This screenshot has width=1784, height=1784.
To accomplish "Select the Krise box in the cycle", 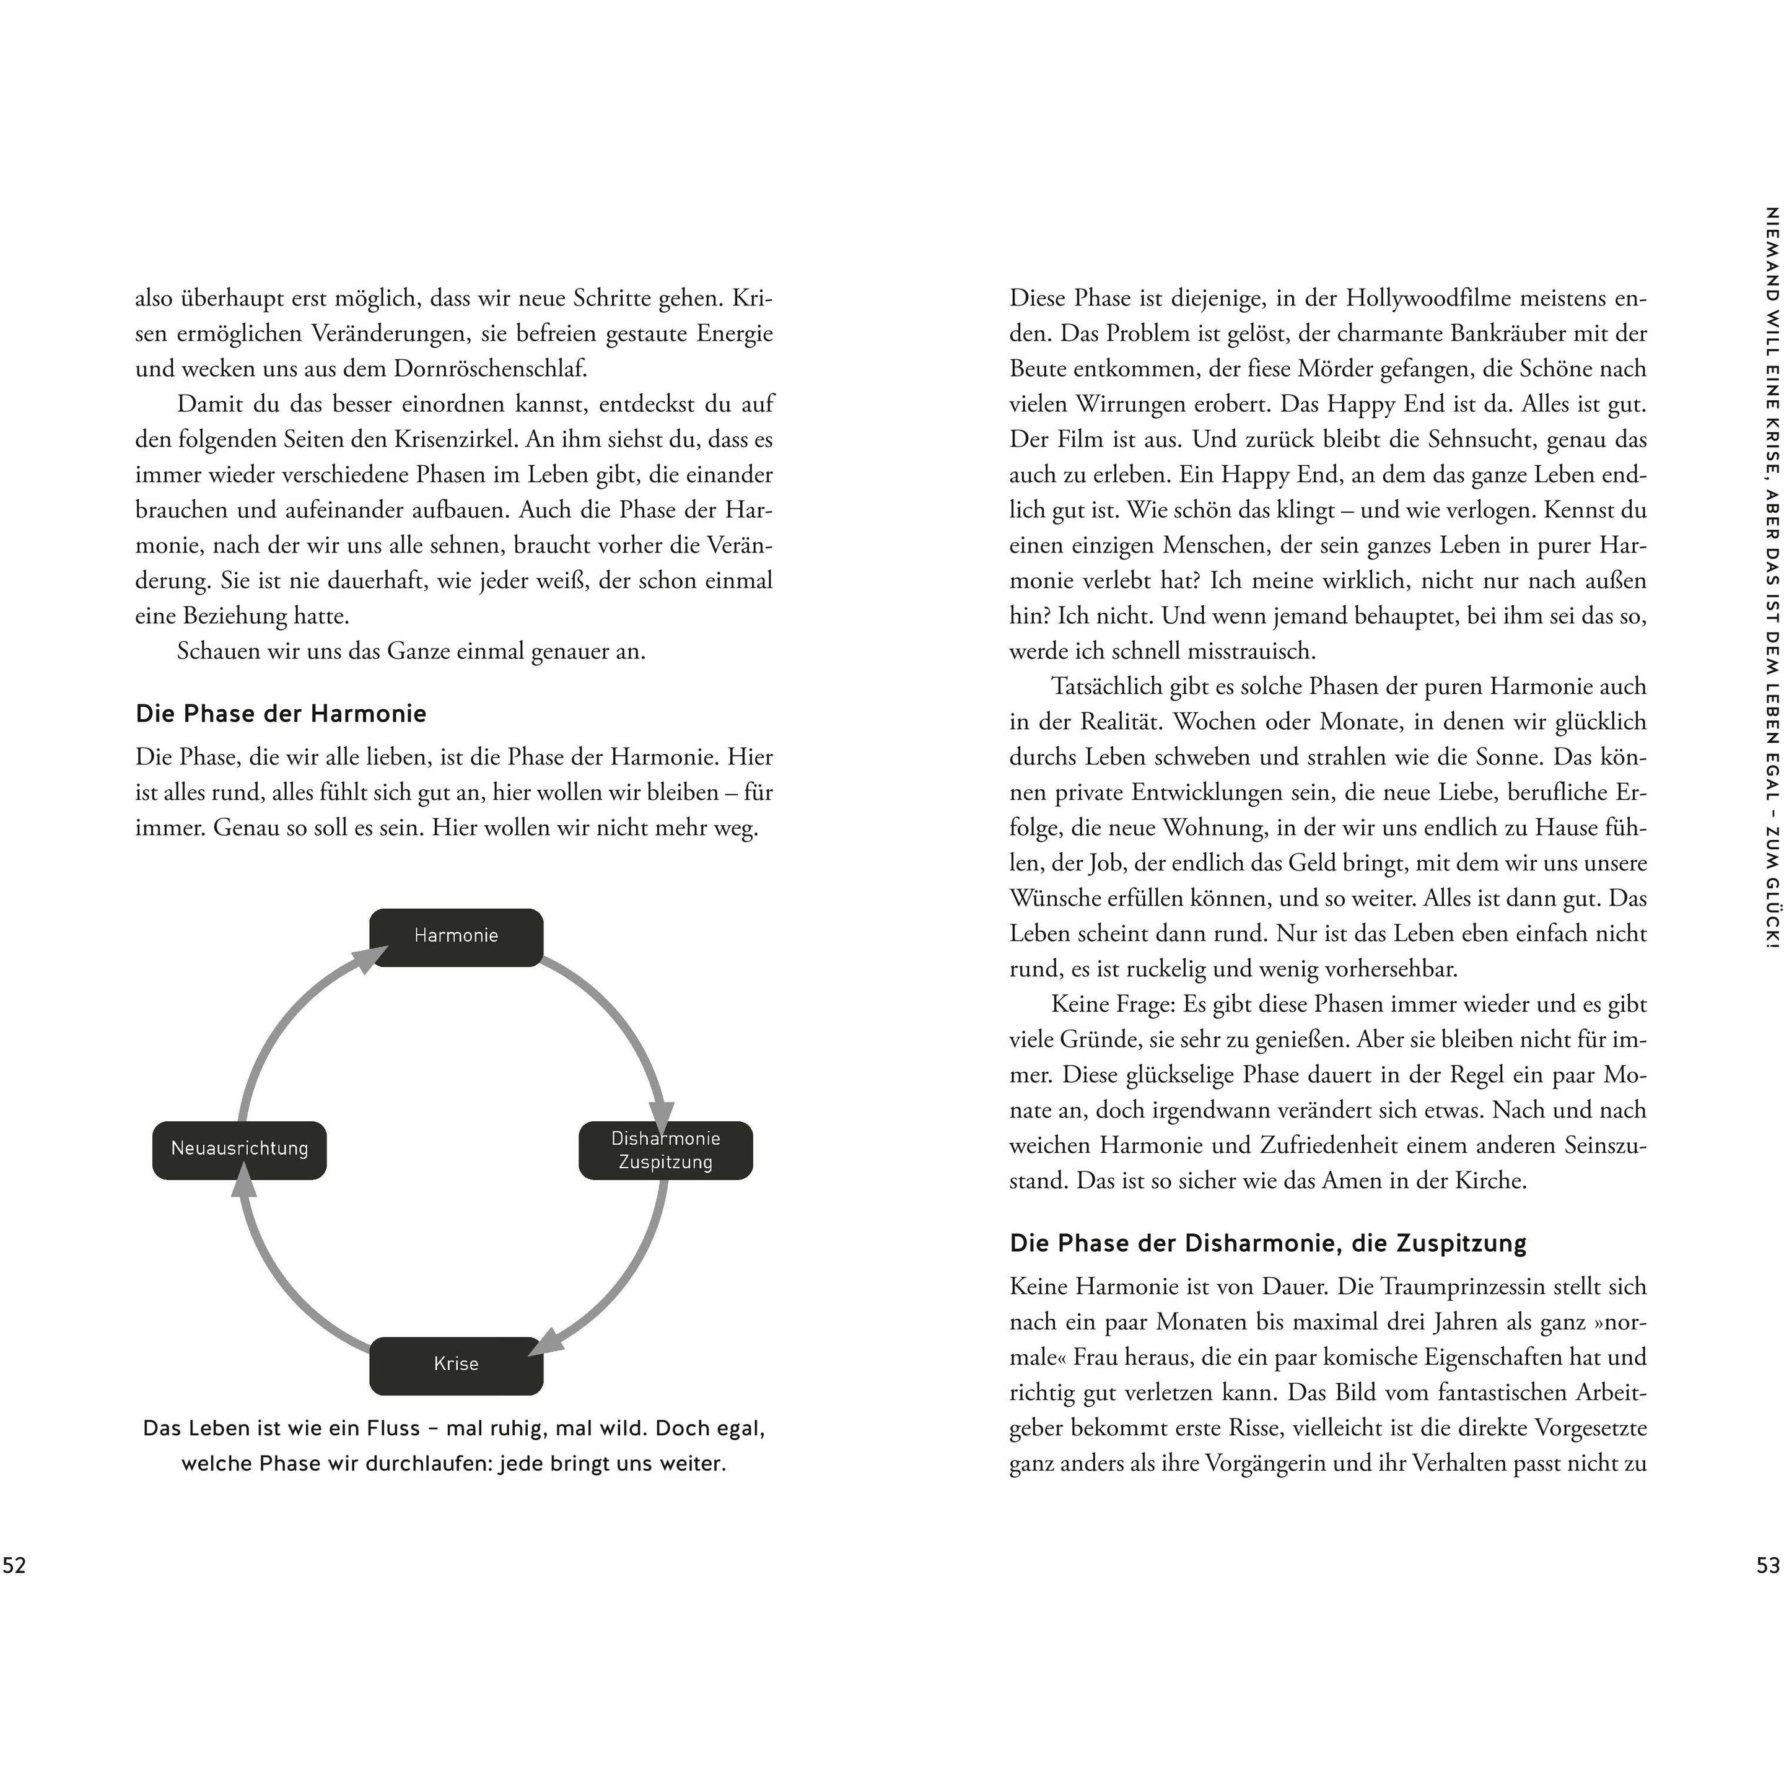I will click(456, 1364).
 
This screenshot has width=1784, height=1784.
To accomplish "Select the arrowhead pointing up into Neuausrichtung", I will click(244, 1181).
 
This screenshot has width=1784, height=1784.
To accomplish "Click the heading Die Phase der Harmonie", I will click(281, 714).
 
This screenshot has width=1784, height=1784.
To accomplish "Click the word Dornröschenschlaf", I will click(491, 369).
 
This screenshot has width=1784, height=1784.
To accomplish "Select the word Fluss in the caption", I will click(393, 1428).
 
